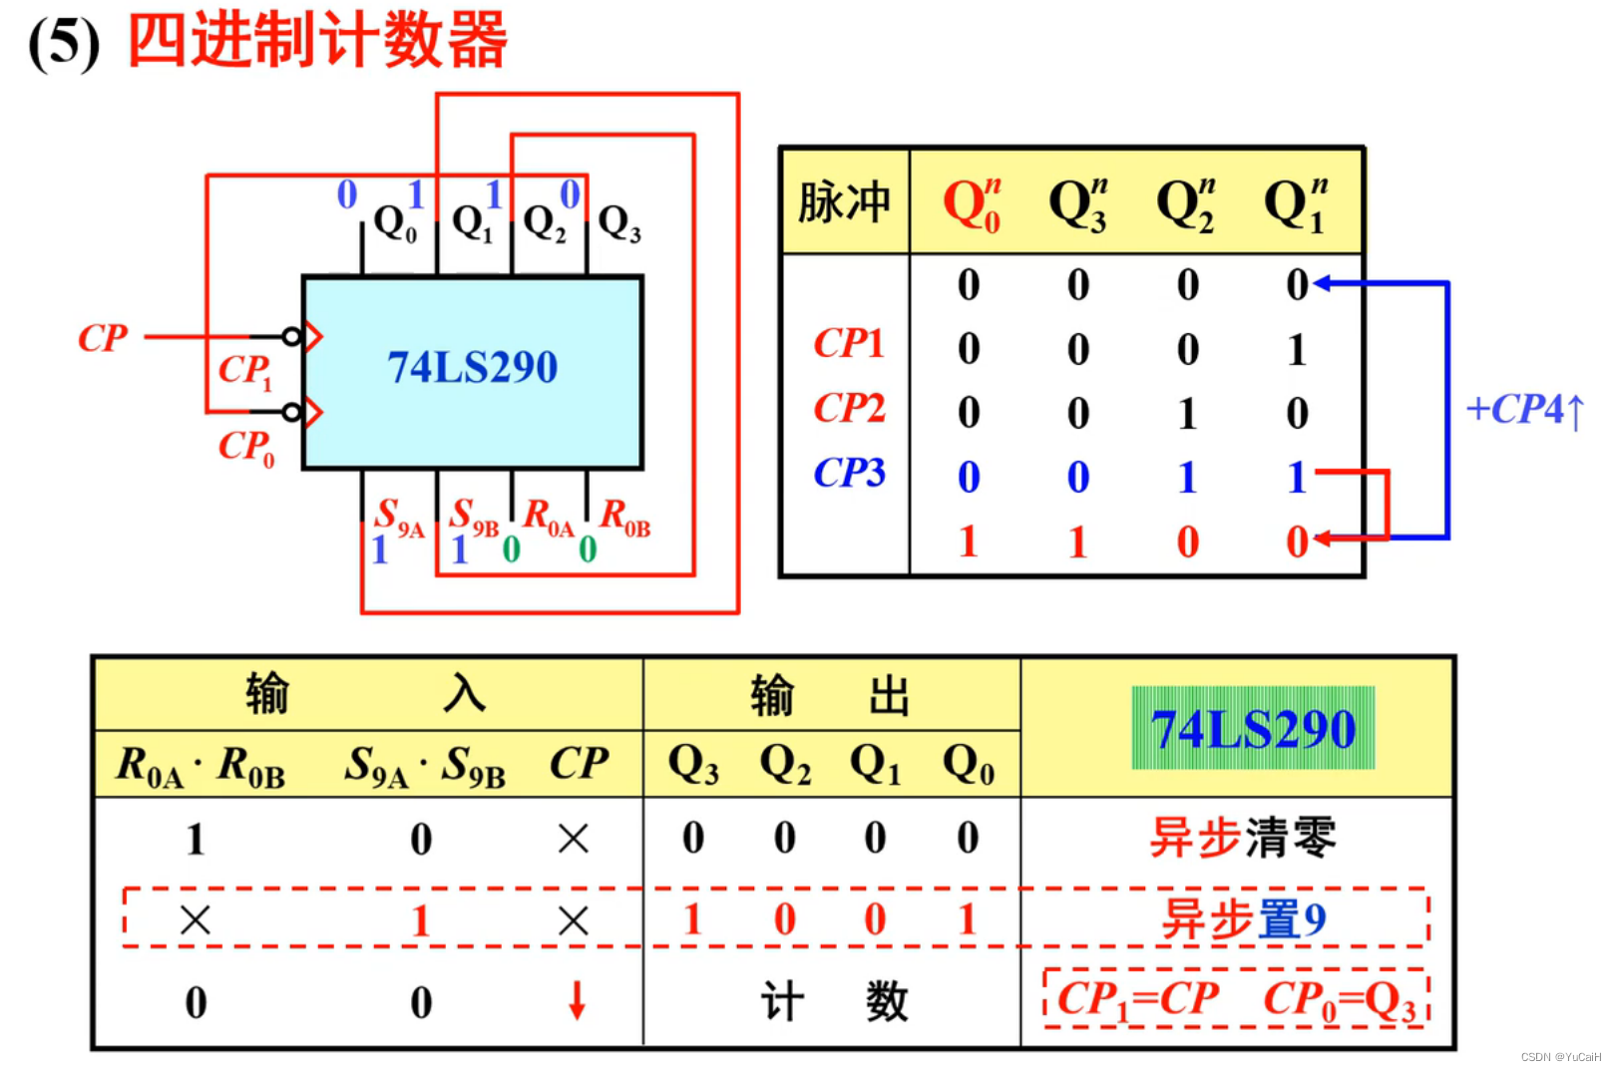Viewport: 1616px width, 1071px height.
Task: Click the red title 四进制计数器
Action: pyautogui.click(x=317, y=42)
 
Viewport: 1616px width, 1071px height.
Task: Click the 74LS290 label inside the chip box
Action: pyautogui.click(x=472, y=367)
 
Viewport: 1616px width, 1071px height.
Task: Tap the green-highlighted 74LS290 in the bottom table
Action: pyautogui.click(x=1253, y=729)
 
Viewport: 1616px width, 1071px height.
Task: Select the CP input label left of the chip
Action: pyautogui.click(x=103, y=338)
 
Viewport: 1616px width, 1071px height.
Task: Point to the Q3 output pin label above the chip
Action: pyautogui.click(x=618, y=223)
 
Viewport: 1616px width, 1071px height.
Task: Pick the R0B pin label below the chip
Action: pyautogui.click(x=624, y=517)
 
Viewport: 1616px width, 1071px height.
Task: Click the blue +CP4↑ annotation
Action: pyautogui.click(x=1523, y=410)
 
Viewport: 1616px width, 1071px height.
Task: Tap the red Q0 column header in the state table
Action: pyautogui.click(x=971, y=205)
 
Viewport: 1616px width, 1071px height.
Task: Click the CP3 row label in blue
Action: pyautogui.click(x=849, y=473)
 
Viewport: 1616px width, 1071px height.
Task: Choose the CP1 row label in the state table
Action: pyautogui.click(x=849, y=344)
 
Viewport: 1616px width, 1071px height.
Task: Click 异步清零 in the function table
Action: pyautogui.click(x=1242, y=837)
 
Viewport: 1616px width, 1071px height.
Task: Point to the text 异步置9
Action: pyautogui.click(x=1242, y=918)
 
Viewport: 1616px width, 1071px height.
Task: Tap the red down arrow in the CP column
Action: pyautogui.click(x=577, y=1000)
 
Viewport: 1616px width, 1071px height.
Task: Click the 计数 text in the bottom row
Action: pyautogui.click(x=834, y=1001)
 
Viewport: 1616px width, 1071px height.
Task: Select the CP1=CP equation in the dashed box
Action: pyautogui.click(x=1138, y=999)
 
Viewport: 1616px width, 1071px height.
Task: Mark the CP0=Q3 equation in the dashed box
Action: pyautogui.click(x=1340, y=999)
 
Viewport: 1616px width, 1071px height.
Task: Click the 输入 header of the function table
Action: pyautogui.click(x=366, y=693)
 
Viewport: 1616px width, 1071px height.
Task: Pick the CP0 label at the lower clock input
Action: pyautogui.click(x=245, y=446)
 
